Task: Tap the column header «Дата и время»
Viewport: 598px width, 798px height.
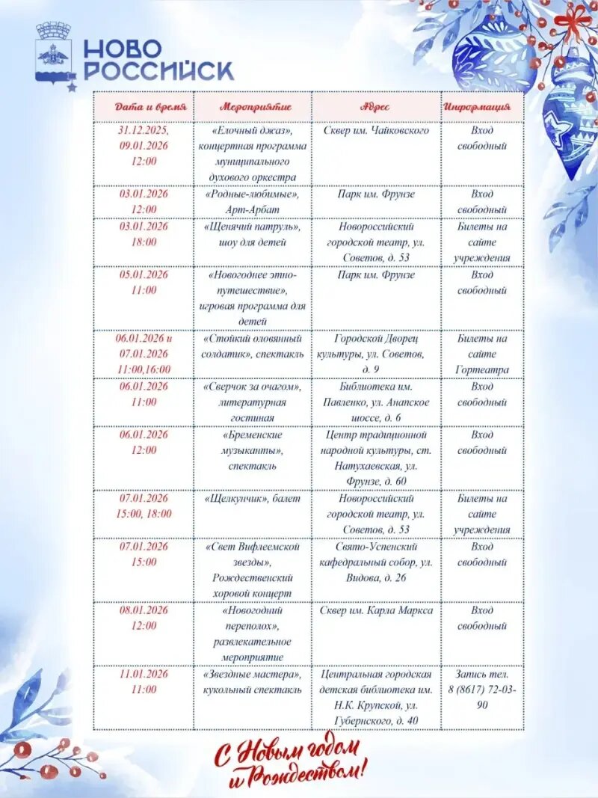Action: point(144,107)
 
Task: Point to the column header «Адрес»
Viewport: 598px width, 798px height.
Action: point(376,107)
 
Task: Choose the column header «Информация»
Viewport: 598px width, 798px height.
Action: point(482,107)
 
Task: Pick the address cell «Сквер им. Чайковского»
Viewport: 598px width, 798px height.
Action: point(376,131)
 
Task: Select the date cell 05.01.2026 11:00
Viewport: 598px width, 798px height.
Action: point(144,282)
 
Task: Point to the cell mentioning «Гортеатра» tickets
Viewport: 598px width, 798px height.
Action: point(482,354)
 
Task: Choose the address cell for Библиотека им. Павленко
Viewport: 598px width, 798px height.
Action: point(376,402)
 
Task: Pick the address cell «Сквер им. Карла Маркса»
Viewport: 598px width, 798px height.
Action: point(376,611)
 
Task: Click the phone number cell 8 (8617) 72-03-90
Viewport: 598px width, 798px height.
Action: point(482,689)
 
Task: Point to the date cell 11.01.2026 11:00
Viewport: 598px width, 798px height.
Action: point(144,681)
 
